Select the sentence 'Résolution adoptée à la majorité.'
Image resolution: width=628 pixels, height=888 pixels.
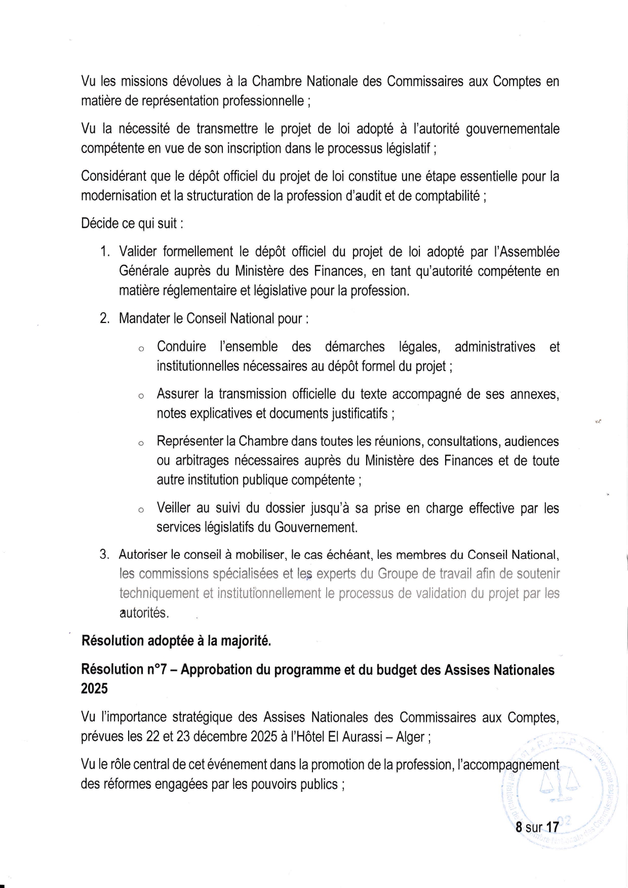[x=176, y=641]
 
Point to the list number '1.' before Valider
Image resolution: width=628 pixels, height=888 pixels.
[x=105, y=252]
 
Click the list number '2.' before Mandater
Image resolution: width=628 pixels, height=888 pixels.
[x=105, y=319]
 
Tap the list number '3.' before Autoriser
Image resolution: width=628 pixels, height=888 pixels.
[x=105, y=554]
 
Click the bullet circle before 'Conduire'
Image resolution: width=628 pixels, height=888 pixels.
[x=141, y=349]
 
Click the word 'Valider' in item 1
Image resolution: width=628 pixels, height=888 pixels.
[x=142, y=252]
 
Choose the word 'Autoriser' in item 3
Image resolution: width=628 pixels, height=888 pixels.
[x=143, y=554]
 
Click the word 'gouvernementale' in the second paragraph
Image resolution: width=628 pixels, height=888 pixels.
[x=513, y=130]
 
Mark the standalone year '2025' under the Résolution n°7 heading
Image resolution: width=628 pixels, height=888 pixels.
[x=94, y=689]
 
